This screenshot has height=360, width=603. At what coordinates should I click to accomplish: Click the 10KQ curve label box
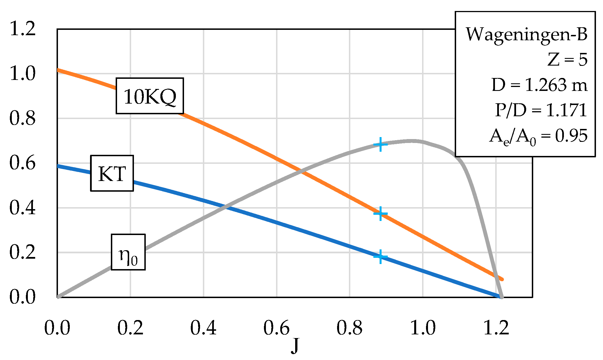[x=150, y=96]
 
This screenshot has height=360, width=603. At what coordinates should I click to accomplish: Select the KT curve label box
[x=112, y=173]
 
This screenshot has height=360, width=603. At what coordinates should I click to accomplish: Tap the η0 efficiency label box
[x=128, y=252]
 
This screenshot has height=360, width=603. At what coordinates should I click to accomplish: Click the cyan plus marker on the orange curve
[x=380, y=214]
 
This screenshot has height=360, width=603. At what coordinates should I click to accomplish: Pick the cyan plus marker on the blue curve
[x=380, y=256]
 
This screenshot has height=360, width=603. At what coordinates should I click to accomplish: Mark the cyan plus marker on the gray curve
[x=380, y=144]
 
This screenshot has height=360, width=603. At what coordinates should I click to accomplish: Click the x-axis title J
[x=295, y=346]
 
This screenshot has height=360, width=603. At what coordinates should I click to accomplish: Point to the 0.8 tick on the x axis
[x=349, y=328]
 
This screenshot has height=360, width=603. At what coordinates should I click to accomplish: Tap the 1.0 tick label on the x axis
[x=423, y=328]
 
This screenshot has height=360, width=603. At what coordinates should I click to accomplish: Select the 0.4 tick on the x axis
[x=203, y=328]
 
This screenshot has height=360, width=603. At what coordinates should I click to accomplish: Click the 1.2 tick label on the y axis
[x=23, y=29]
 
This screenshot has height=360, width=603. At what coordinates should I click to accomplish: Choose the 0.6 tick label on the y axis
[x=23, y=163]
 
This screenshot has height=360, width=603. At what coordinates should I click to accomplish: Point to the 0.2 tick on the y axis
[x=23, y=252]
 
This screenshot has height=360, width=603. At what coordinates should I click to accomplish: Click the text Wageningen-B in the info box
[x=526, y=35]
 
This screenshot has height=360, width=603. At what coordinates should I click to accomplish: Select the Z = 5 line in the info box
[x=567, y=60]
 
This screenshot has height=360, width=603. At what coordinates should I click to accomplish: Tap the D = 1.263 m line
[x=539, y=85]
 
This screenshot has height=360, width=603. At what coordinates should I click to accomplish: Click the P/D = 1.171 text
[x=541, y=110]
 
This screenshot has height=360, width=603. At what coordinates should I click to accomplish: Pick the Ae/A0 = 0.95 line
[x=538, y=137]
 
